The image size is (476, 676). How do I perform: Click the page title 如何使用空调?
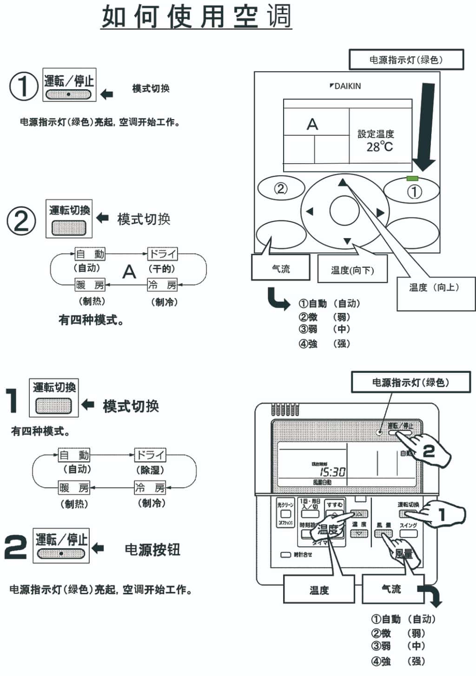196,17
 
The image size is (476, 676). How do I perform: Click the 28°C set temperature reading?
379,147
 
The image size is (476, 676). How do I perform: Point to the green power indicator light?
412,178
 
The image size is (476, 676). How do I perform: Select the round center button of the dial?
344,211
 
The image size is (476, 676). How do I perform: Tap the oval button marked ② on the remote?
281,188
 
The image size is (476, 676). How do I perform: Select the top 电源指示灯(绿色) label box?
406,60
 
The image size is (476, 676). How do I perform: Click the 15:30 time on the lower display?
332,472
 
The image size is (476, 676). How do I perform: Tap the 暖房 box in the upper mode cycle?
90,285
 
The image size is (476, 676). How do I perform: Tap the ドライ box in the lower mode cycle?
150,454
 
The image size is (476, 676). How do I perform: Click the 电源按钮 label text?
152,550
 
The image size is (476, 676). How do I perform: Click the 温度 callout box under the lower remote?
319,590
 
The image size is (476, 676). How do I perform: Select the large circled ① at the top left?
23,86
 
